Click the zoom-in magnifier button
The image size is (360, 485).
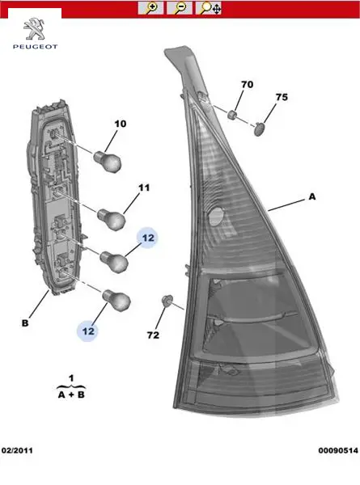tap(150, 8)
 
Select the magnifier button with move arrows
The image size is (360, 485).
tap(208, 8)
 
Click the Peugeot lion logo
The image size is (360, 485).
tap(35, 29)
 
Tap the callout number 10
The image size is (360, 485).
tap(121, 124)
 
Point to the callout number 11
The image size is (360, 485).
tap(144, 188)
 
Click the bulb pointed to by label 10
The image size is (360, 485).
tap(108, 161)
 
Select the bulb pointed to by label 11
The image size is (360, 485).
tap(112, 219)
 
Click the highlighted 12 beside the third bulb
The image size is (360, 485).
tap(148, 238)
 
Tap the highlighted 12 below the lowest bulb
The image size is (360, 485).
tap(87, 331)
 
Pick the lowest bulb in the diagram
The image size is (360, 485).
tap(116, 300)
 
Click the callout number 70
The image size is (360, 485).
tap(247, 84)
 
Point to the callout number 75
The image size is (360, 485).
tap(282, 97)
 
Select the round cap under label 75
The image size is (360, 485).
tap(260, 129)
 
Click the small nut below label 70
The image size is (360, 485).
tap(233, 115)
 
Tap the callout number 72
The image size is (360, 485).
tap(153, 335)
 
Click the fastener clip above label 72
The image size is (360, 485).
tap(167, 301)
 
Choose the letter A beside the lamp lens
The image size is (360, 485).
tap(312, 196)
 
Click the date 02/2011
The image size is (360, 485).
tap(17, 450)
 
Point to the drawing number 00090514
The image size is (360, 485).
tap(338, 450)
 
